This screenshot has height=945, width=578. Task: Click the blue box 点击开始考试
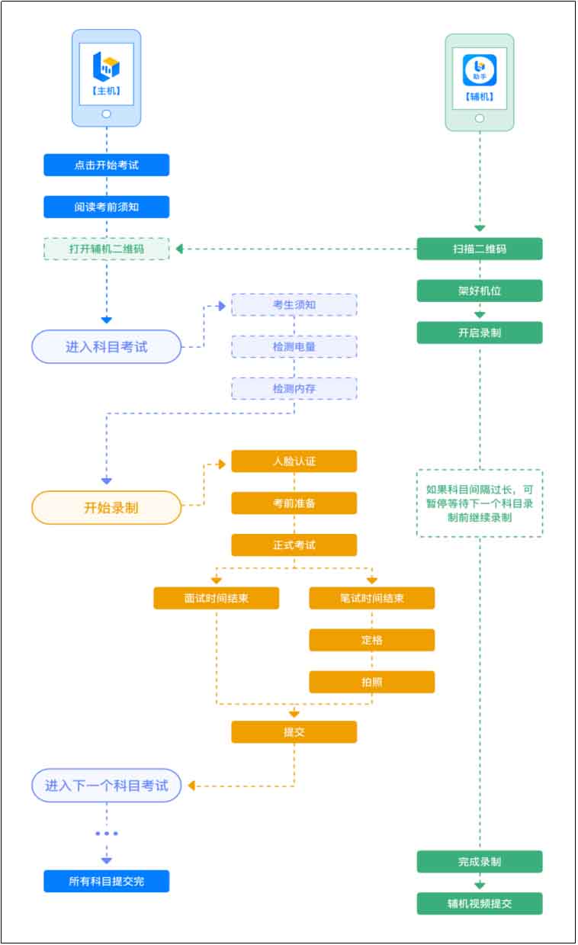click(x=106, y=165)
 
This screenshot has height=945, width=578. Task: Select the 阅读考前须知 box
click(x=106, y=207)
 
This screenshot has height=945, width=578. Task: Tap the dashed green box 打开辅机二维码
click(x=106, y=249)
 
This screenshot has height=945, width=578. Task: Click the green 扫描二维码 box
click(x=480, y=249)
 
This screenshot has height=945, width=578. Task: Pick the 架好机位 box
click(x=480, y=291)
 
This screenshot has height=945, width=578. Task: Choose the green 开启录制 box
click(x=480, y=333)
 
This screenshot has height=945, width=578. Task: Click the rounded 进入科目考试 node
click(x=106, y=347)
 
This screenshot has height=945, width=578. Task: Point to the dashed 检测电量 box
click(x=294, y=347)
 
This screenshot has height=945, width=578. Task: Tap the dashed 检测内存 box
click(x=294, y=388)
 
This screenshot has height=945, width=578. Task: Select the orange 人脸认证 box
click(x=294, y=461)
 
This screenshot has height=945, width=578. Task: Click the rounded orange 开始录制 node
click(x=106, y=507)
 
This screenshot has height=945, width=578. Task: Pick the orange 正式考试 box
click(x=294, y=545)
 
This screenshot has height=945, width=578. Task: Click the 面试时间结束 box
click(x=217, y=598)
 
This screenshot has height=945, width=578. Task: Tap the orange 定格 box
click(x=371, y=640)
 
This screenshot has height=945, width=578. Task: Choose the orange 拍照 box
click(x=371, y=682)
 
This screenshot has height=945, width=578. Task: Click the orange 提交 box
click(x=294, y=732)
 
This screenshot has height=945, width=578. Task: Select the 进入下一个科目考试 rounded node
click(x=106, y=786)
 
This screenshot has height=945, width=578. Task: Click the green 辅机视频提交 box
click(x=480, y=904)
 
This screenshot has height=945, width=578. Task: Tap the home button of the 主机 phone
click(x=106, y=114)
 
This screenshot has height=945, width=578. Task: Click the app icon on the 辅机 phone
click(x=480, y=70)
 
